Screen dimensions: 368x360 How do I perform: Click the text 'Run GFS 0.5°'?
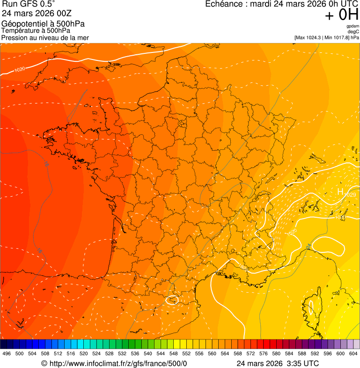click(29, 5)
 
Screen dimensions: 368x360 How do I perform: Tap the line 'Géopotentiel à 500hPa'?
click(44, 24)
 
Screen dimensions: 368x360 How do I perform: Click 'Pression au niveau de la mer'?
click(45, 37)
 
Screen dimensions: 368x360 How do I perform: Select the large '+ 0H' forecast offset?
click(341, 15)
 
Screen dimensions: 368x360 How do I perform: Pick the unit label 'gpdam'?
click(353, 26)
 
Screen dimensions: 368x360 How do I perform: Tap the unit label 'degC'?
click(353, 31)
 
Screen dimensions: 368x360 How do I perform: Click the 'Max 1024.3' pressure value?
click(309, 37)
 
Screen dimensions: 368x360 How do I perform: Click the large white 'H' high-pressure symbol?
click(340, 191)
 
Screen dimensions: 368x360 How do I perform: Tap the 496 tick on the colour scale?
click(7, 353)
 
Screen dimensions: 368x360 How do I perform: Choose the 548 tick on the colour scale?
click(174, 353)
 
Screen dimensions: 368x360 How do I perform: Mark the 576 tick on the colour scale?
click(264, 353)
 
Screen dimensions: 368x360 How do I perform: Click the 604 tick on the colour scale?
click(353, 353)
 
